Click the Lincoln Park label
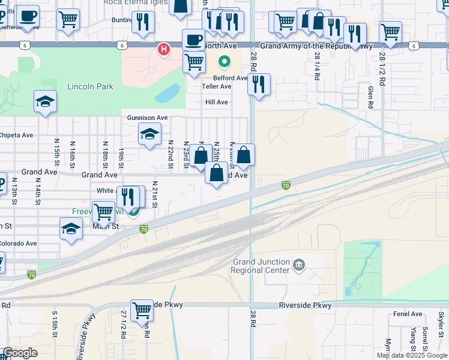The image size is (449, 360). tap(90, 86)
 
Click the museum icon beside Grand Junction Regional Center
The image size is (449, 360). tap(298, 265)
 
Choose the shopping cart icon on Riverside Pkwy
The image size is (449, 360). tap(142, 310)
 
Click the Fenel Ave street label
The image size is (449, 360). tap(408, 314)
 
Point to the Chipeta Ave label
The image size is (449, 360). tap(16, 135)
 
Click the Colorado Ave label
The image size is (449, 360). tap(18, 244)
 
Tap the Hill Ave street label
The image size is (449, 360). tap(217, 102)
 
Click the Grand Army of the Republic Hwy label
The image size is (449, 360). tap(316, 46)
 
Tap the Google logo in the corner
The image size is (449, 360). tap(20, 353)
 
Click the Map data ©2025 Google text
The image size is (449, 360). tap(412, 355)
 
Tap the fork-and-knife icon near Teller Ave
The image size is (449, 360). tap(259, 85)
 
